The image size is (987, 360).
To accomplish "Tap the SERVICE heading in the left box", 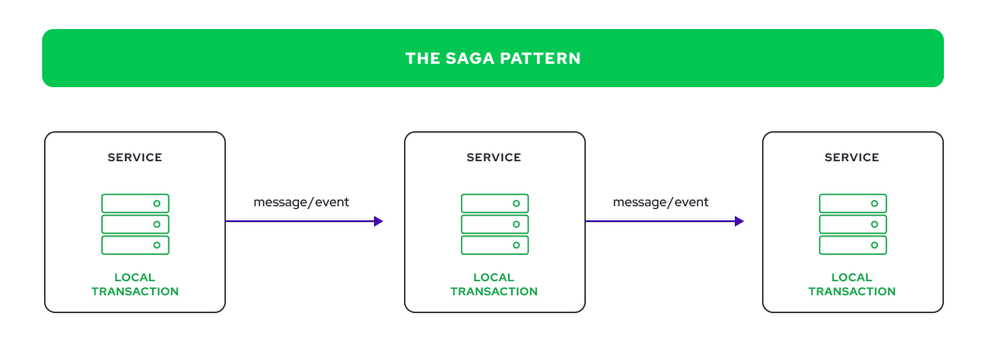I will click(x=135, y=157).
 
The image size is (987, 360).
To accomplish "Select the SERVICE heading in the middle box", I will click(x=494, y=157).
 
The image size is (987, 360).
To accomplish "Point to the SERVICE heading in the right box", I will click(x=852, y=157).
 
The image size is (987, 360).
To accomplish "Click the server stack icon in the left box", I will click(x=135, y=224).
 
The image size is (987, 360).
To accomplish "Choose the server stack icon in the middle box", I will click(x=494, y=224).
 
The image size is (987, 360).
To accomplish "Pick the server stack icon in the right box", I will click(x=852, y=224).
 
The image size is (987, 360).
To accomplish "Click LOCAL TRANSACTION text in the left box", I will click(x=135, y=284).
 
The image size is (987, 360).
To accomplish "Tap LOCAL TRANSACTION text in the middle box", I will click(x=494, y=284).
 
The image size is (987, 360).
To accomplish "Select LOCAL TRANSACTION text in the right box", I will click(x=852, y=284).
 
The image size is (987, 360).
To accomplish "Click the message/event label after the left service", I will click(x=301, y=202).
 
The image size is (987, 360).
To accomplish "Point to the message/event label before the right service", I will click(x=661, y=202).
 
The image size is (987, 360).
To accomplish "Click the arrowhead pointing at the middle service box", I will click(x=379, y=221).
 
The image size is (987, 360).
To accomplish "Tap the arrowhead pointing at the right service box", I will click(x=739, y=221).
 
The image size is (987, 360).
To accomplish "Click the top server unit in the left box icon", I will click(x=135, y=202).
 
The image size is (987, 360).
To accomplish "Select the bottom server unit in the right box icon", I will click(x=852, y=246).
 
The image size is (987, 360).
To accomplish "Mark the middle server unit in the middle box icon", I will click(x=494, y=224).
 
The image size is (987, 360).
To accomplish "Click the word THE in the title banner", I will click(x=420, y=58).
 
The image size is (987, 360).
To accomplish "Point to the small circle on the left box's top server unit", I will click(x=157, y=202).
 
